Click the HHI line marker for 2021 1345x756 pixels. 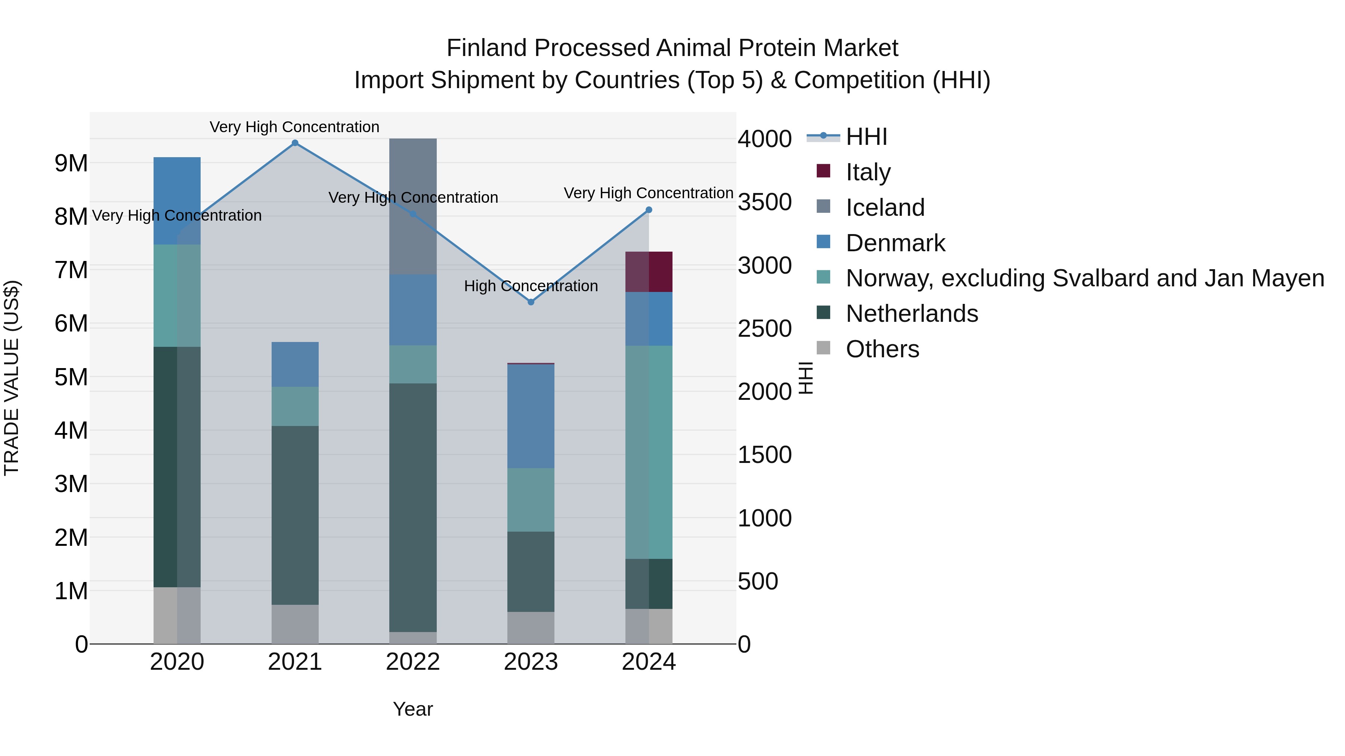(295, 143)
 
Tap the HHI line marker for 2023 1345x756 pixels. (531, 302)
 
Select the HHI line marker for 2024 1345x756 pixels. (649, 210)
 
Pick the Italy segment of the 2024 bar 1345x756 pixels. (649, 272)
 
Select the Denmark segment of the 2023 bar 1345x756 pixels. (531, 416)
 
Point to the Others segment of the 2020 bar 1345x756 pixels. (177, 615)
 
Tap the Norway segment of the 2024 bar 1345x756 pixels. (649, 452)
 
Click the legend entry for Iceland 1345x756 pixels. (885, 208)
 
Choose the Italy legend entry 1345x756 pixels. (868, 172)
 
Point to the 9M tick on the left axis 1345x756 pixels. (71, 163)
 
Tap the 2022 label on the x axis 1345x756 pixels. (413, 662)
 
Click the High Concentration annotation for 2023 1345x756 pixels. (531, 286)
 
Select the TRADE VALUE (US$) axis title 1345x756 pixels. (12, 378)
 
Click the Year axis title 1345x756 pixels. (412, 709)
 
